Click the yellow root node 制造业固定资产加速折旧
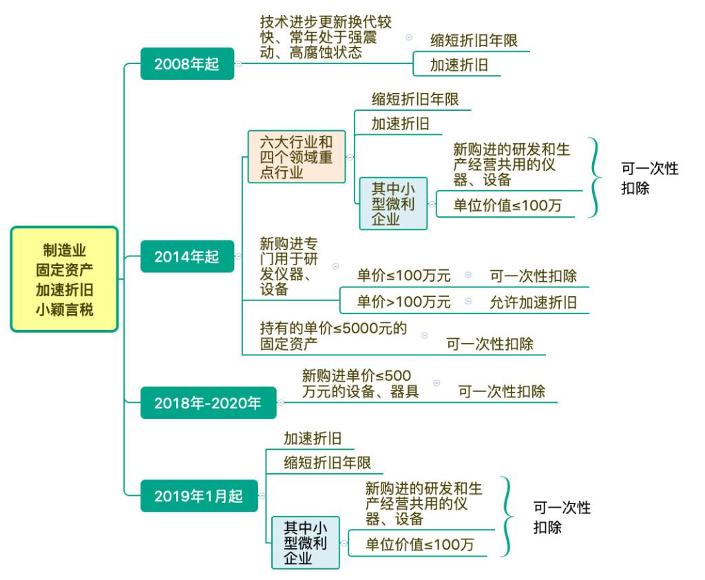pyautogui.click(x=65, y=279)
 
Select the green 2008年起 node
pyautogui.click(x=187, y=65)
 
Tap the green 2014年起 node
pyautogui.click(x=187, y=257)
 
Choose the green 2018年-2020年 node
pyautogui.click(x=208, y=402)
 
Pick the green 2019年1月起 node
pyautogui.click(x=198, y=496)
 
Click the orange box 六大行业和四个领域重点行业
pyautogui.click(x=296, y=156)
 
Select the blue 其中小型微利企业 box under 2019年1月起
pyautogui.click(x=306, y=542)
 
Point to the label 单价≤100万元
pyautogui.click(x=403, y=276)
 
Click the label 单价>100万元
pyautogui.click(x=403, y=302)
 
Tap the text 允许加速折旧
pyautogui.click(x=533, y=302)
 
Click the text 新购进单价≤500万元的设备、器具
pyautogui.click(x=360, y=384)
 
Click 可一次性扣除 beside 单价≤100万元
pyautogui.click(x=533, y=276)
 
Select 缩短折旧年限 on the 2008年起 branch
pyautogui.click(x=473, y=39)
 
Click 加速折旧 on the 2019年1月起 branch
pyautogui.click(x=313, y=438)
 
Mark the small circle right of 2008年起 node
pyautogui.click(x=238, y=64)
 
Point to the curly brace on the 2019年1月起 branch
pyautogui.click(x=508, y=517)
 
